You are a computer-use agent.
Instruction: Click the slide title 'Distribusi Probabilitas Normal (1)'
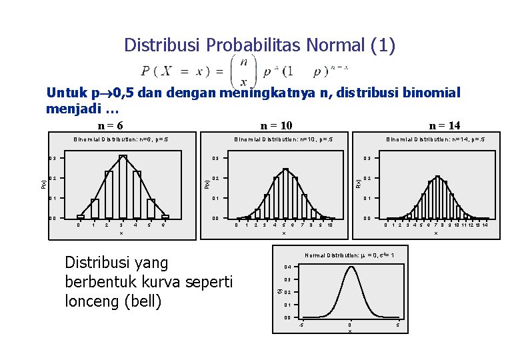tap(259, 45)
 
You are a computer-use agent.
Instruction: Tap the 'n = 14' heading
tap(445, 125)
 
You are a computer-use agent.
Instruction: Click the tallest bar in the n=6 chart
tap(123, 187)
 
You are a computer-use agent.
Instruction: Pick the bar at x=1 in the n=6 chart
tap(95, 209)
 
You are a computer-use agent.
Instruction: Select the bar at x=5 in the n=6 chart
tap(151, 209)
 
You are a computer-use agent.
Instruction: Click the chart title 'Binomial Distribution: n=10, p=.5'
tap(283, 140)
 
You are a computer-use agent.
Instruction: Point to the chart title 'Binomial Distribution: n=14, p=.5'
tap(435, 140)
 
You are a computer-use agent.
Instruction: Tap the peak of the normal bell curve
tap(350, 267)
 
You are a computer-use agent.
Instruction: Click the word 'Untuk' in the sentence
tap(65, 93)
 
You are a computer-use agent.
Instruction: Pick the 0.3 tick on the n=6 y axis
tap(52, 158)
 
